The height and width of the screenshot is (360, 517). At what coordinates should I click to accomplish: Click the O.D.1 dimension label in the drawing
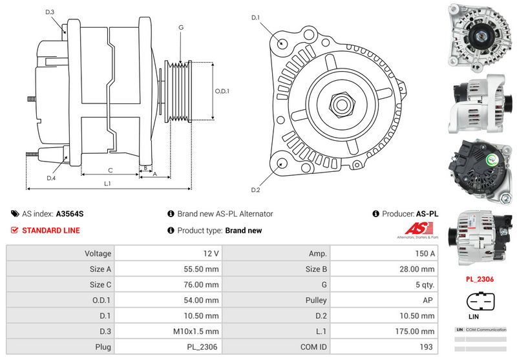(x=222, y=91)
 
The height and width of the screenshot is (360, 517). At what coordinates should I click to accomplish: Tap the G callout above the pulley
(x=181, y=27)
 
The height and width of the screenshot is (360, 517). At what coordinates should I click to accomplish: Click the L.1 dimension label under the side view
(x=108, y=184)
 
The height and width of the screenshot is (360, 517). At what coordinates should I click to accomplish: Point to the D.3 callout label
(x=50, y=12)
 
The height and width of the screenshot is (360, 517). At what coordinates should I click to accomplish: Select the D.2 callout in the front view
(x=255, y=189)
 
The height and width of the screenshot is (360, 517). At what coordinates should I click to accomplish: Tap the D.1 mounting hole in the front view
(x=283, y=42)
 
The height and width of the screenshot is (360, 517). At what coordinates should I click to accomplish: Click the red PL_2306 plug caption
(x=479, y=280)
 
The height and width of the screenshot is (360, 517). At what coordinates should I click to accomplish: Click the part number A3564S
(x=70, y=213)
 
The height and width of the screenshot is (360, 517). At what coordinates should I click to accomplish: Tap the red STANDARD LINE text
(x=51, y=230)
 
